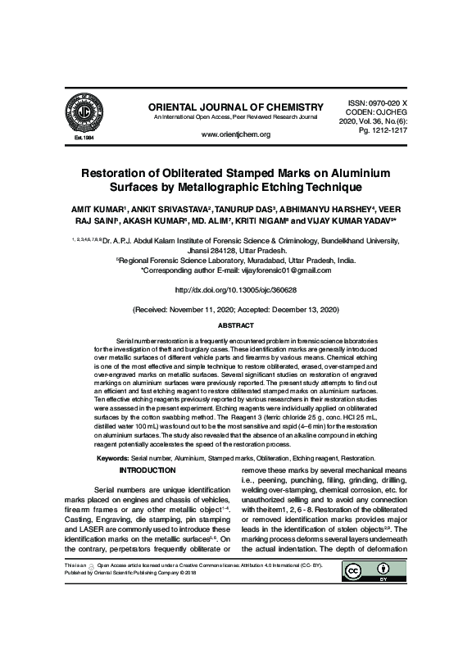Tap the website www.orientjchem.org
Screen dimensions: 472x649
pos(235,134)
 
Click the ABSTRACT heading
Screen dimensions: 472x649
pos(235,325)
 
